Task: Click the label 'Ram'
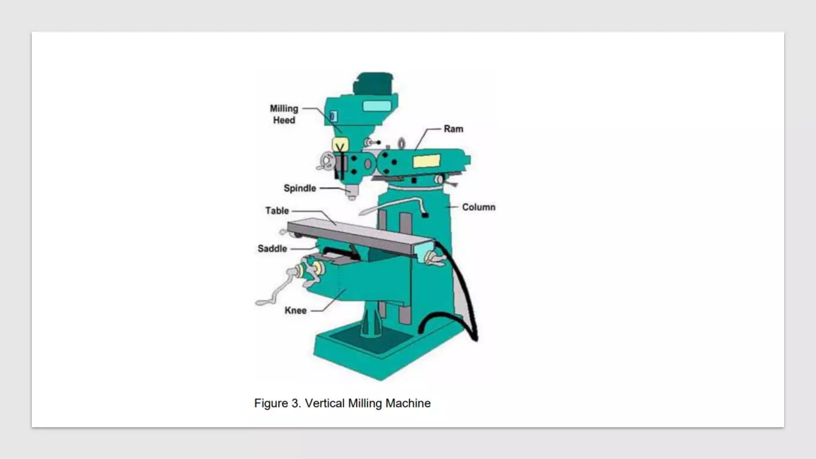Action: [453, 129]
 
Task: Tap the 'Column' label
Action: [479, 207]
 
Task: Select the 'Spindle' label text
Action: [300, 188]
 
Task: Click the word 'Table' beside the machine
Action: [277, 210]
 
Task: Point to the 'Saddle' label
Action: [272, 249]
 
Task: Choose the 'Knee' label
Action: [295, 311]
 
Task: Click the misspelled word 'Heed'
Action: [284, 120]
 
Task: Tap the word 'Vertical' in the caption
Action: [325, 403]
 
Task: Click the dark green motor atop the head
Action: [374, 83]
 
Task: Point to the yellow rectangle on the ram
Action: [426, 161]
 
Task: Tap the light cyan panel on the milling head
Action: [377, 106]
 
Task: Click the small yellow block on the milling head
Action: [340, 143]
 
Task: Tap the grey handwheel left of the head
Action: [327, 161]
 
